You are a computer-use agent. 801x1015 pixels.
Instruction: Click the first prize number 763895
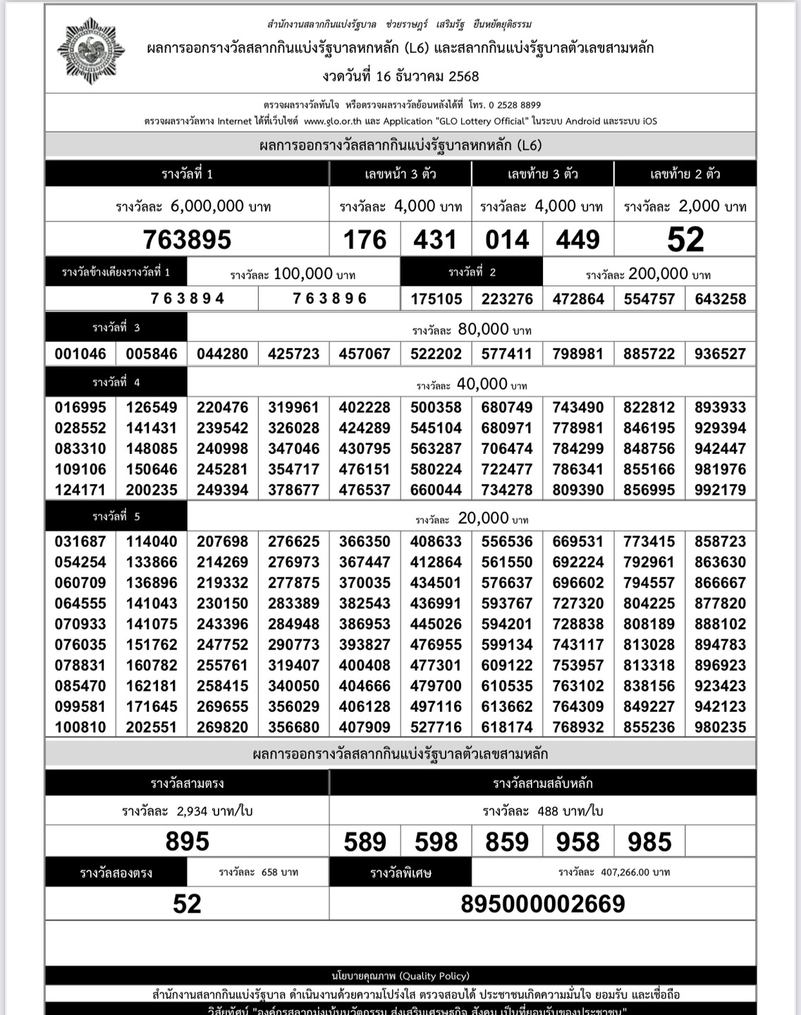pos(187,240)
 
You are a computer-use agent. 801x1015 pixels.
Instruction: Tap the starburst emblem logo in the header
pos(91,51)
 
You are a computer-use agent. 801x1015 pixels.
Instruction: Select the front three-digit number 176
pos(365,240)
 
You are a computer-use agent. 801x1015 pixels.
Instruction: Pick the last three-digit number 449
pos(577,240)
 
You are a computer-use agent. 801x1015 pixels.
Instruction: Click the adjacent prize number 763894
pos(187,299)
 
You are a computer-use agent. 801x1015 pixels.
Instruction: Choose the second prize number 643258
pos(720,299)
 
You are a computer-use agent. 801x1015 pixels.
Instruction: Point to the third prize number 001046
pos(80,354)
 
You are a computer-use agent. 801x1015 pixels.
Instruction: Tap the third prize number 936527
pos(720,354)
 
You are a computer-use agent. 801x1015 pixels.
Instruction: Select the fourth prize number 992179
pos(720,490)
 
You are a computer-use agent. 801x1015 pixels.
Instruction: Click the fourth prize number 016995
pos(80,407)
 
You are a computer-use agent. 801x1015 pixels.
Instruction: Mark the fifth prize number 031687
pos(80,541)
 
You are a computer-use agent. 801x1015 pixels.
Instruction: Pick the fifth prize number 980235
pos(720,727)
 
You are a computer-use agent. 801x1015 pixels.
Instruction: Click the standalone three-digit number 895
pos(187,842)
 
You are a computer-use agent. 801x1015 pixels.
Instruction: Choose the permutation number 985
pos(649,842)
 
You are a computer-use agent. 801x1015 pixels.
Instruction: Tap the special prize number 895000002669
pos(542,904)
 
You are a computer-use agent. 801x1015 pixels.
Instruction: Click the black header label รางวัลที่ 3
pos(116,328)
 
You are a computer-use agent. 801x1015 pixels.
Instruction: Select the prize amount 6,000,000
pos(207,206)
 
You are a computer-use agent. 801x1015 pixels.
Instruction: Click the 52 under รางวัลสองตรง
pos(187,904)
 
